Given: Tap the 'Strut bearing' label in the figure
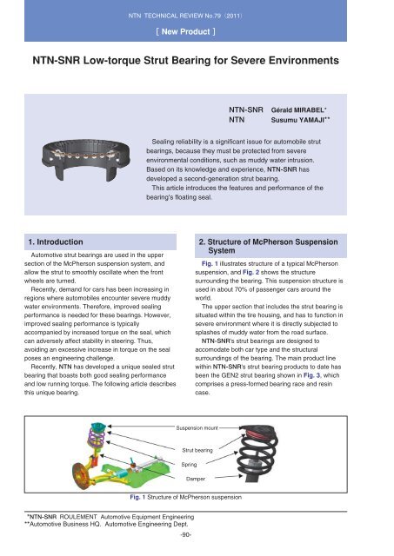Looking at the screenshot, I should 198,450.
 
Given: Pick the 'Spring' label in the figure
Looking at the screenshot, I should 191,464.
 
